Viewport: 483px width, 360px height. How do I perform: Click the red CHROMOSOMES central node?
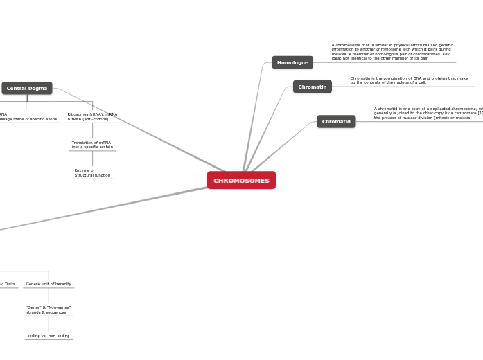click(x=241, y=181)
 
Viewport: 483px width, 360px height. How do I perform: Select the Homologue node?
click(x=292, y=62)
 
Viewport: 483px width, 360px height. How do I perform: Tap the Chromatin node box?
click(x=312, y=87)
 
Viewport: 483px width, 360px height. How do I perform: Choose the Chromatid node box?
click(x=336, y=122)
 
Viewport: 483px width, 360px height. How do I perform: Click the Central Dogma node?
click(x=27, y=88)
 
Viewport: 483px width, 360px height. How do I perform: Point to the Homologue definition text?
click(x=392, y=52)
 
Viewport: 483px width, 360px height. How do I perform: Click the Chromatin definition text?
click(x=409, y=80)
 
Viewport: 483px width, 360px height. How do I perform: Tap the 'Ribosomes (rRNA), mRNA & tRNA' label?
click(x=92, y=116)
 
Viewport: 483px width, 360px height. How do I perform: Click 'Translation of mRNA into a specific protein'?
click(x=92, y=145)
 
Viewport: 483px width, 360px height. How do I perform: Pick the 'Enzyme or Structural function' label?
click(x=92, y=172)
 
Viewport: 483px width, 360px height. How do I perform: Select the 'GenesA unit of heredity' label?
click(x=49, y=284)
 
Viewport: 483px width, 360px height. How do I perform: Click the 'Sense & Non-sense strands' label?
click(x=49, y=309)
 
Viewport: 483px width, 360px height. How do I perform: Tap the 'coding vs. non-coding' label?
click(x=49, y=336)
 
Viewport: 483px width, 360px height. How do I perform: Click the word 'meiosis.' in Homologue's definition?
click(x=340, y=54)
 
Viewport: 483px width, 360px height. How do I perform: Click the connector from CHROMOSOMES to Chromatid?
click(x=284, y=146)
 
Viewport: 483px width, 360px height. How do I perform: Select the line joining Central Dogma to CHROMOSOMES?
click(x=139, y=128)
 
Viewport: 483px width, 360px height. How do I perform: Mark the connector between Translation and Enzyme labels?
click(x=92, y=159)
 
